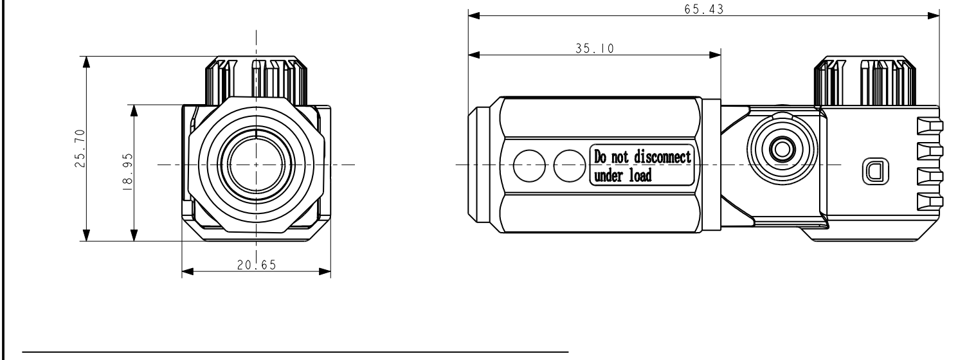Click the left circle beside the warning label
coord(529,165)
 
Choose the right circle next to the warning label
coord(568,165)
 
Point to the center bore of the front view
coord(256,165)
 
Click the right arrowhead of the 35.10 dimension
coord(714,55)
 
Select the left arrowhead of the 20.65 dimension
coord(188,272)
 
